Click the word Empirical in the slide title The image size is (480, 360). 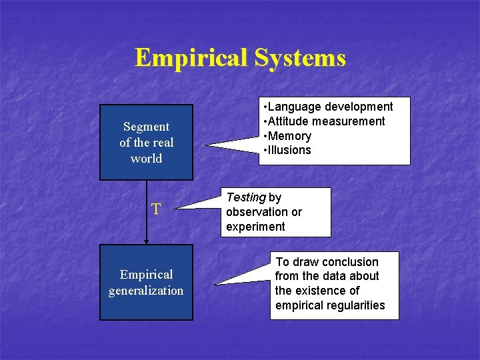pos(190,58)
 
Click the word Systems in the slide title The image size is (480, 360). pos(299,58)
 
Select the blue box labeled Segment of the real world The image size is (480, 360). pos(146,142)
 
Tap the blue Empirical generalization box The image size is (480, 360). pos(146,282)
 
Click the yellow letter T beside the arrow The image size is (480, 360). pos(156,209)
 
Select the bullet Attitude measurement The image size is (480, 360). pos(325,121)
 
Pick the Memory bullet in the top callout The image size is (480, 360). pos(289,136)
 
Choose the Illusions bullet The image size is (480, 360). pos(289,150)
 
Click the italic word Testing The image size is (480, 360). pos(245,197)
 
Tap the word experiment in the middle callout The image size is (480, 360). pos(255,227)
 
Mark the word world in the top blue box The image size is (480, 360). pos(146,159)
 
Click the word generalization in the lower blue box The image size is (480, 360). pos(146,291)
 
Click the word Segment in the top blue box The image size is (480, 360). pos(146,127)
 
